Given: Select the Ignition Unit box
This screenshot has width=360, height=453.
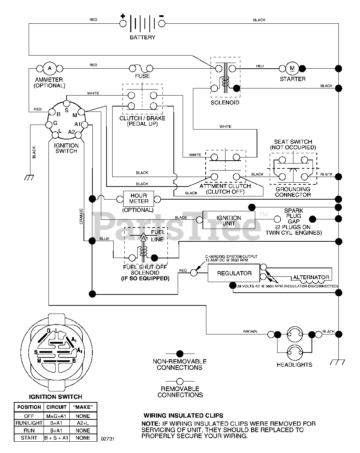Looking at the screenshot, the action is [x=229, y=220].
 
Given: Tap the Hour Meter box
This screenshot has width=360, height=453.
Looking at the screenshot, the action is [x=138, y=199].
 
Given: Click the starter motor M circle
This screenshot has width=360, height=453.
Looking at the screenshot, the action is [x=292, y=68].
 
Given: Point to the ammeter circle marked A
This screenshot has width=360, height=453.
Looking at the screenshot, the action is [x=50, y=68].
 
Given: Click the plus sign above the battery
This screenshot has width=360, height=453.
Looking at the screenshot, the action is [x=123, y=16].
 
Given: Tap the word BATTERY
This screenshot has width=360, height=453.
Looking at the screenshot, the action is [x=143, y=37].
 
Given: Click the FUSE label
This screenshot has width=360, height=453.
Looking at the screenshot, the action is [x=142, y=76].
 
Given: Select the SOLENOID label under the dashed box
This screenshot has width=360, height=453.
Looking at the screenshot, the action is [x=225, y=103].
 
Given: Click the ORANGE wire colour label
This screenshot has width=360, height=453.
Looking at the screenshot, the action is [x=81, y=216].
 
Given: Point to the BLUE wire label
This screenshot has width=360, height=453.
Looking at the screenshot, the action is [x=104, y=239].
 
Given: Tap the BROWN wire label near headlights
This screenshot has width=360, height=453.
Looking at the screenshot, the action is [x=250, y=332].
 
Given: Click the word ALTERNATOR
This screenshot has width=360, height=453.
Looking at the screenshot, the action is [x=311, y=277].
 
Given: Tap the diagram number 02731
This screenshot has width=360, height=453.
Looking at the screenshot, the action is [x=108, y=439].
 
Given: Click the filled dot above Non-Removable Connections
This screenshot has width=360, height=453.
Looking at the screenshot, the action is [x=179, y=354].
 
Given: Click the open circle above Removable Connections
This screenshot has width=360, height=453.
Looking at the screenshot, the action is [x=179, y=382].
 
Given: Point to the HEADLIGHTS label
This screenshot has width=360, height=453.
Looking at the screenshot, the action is [x=294, y=365].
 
